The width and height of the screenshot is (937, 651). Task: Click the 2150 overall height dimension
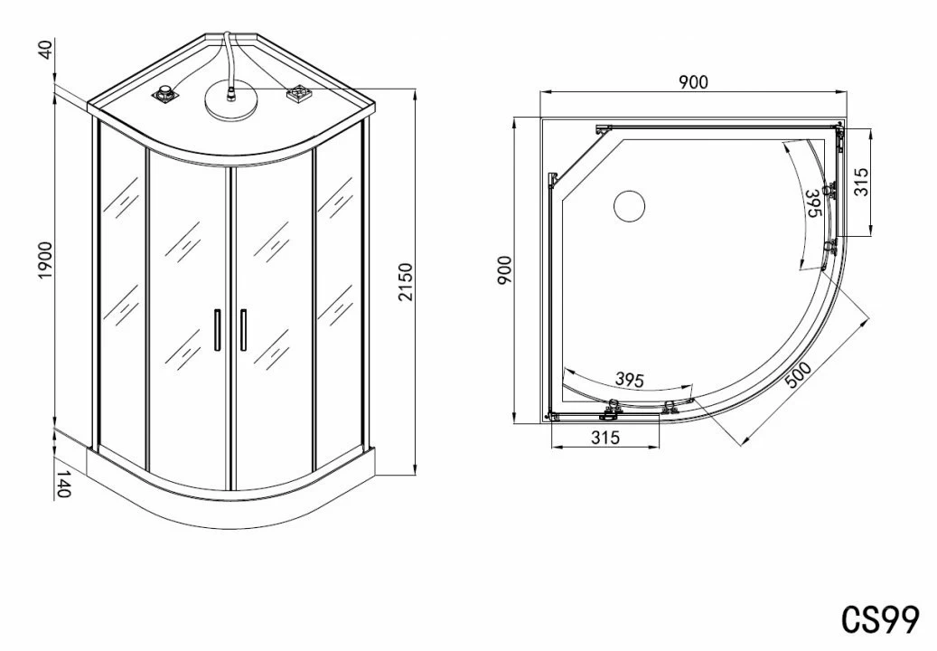pos(406,282)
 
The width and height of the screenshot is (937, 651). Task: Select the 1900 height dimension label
pos(45,260)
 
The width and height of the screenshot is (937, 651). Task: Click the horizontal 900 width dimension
pos(693,82)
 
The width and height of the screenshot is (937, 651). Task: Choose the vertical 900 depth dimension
pos(504,270)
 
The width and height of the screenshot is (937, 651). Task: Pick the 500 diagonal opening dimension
pos(799,375)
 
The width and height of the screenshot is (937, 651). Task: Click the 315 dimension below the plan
pos(605,438)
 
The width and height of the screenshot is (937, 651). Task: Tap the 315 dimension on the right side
pos(861,183)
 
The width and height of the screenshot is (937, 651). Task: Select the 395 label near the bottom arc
pos(630,379)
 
